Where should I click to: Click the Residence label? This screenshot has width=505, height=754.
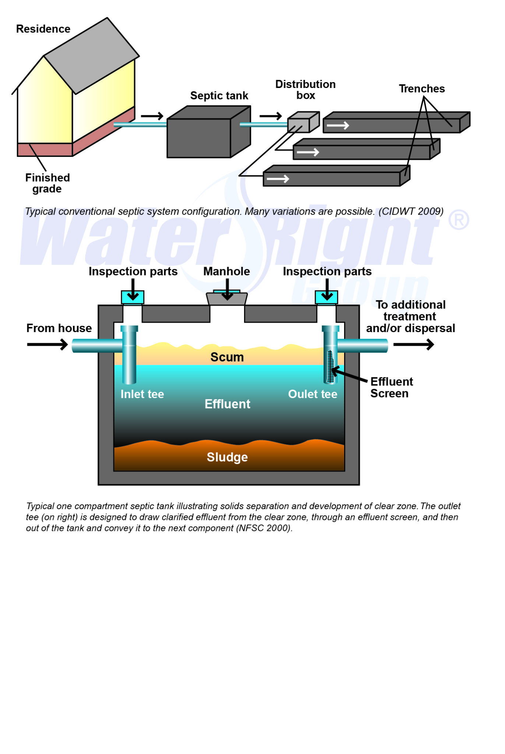coord(43,29)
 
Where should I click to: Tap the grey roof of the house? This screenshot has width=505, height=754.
coord(91,55)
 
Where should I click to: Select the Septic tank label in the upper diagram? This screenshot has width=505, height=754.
coord(219,96)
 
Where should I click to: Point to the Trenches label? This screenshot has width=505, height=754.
coord(422,89)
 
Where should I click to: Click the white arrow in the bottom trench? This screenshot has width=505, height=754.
coord(278,179)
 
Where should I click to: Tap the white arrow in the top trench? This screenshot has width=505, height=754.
coord(338,126)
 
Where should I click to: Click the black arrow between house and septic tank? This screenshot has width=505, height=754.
coord(152,116)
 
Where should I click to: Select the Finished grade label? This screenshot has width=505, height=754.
coord(47,183)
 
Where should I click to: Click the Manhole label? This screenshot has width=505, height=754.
coord(226,271)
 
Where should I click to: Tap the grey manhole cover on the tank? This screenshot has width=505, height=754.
coord(227,299)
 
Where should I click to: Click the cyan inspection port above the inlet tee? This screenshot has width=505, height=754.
coord(133,297)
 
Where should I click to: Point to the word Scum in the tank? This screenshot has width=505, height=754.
coord(227,357)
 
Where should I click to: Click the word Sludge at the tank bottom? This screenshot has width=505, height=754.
coord(227,457)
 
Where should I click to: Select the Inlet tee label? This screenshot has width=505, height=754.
coord(142,394)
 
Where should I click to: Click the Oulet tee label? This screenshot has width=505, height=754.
coord(312,394)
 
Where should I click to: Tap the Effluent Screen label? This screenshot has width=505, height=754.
coord(391,387)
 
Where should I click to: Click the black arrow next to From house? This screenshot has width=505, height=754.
coord(47,345)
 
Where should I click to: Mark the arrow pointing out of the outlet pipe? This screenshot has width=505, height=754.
coord(414,345)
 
